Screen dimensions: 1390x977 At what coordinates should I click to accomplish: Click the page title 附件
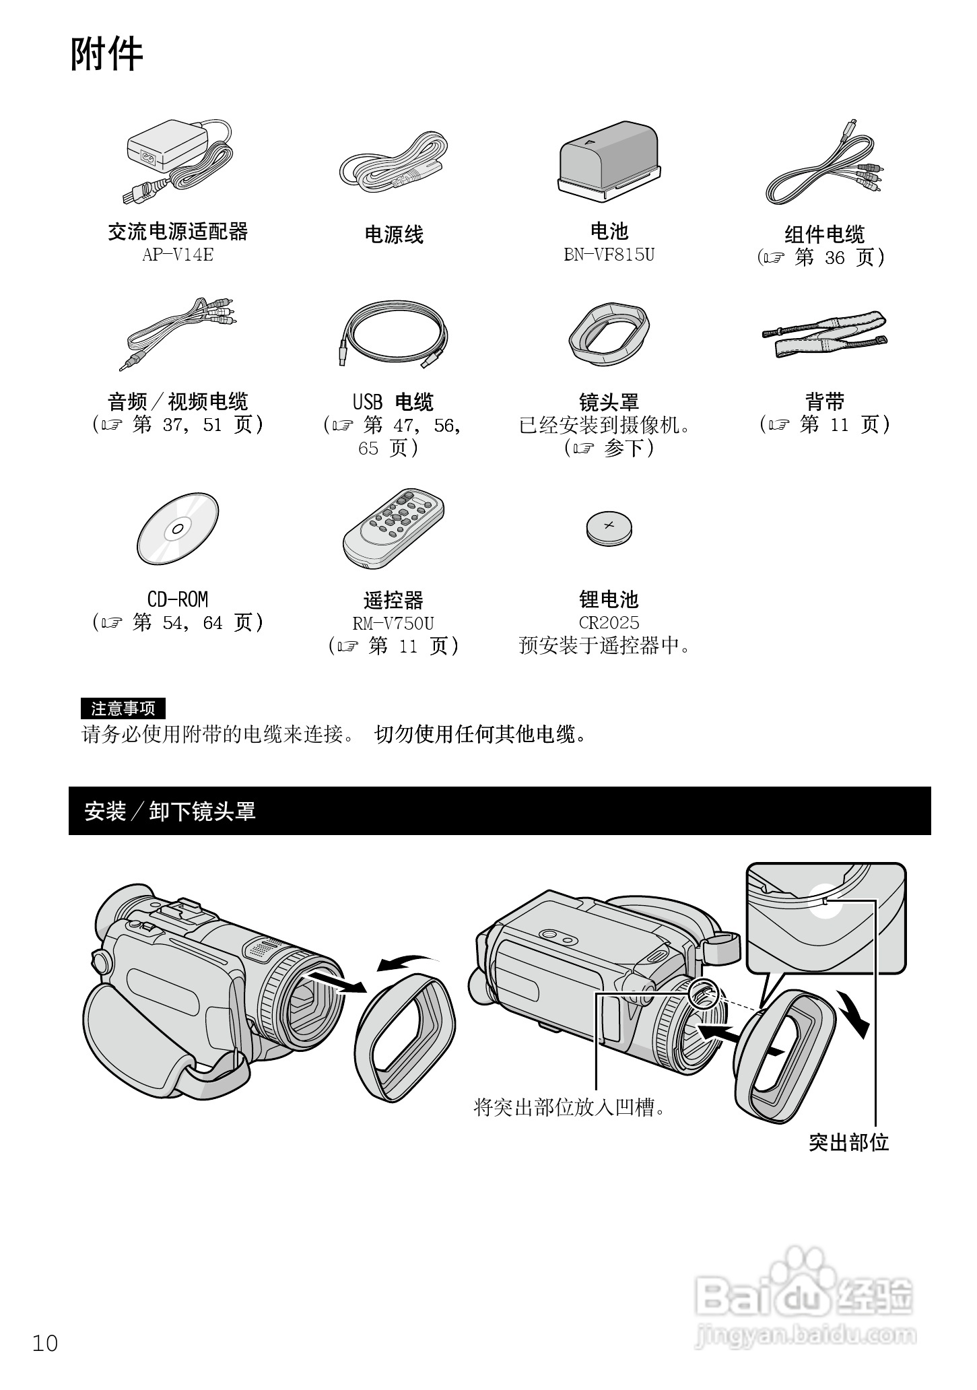(106, 55)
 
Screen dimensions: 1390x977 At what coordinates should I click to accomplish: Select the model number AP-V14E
(177, 255)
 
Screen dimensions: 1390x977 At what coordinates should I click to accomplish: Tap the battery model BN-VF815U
(609, 255)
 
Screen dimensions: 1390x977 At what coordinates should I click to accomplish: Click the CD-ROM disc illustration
(178, 529)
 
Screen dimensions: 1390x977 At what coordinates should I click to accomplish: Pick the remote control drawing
(393, 529)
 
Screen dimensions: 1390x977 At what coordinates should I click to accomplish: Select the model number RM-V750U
(393, 623)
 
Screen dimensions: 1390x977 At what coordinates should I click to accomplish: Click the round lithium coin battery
(609, 528)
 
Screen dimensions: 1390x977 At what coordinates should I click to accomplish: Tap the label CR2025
(609, 623)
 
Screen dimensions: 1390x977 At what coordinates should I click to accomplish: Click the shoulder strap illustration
(824, 334)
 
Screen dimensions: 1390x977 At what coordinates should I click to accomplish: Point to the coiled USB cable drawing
(393, 334)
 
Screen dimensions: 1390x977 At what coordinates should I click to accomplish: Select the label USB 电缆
(393, 402)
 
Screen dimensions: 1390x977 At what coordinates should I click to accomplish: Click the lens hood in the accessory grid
(609, 334)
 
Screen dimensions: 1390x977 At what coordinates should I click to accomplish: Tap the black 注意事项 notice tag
(123, 708)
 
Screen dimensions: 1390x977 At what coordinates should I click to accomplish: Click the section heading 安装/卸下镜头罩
(170, 812)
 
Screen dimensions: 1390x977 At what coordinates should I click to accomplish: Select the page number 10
(45, 1344)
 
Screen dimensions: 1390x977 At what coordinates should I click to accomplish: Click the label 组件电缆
(824, 234)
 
